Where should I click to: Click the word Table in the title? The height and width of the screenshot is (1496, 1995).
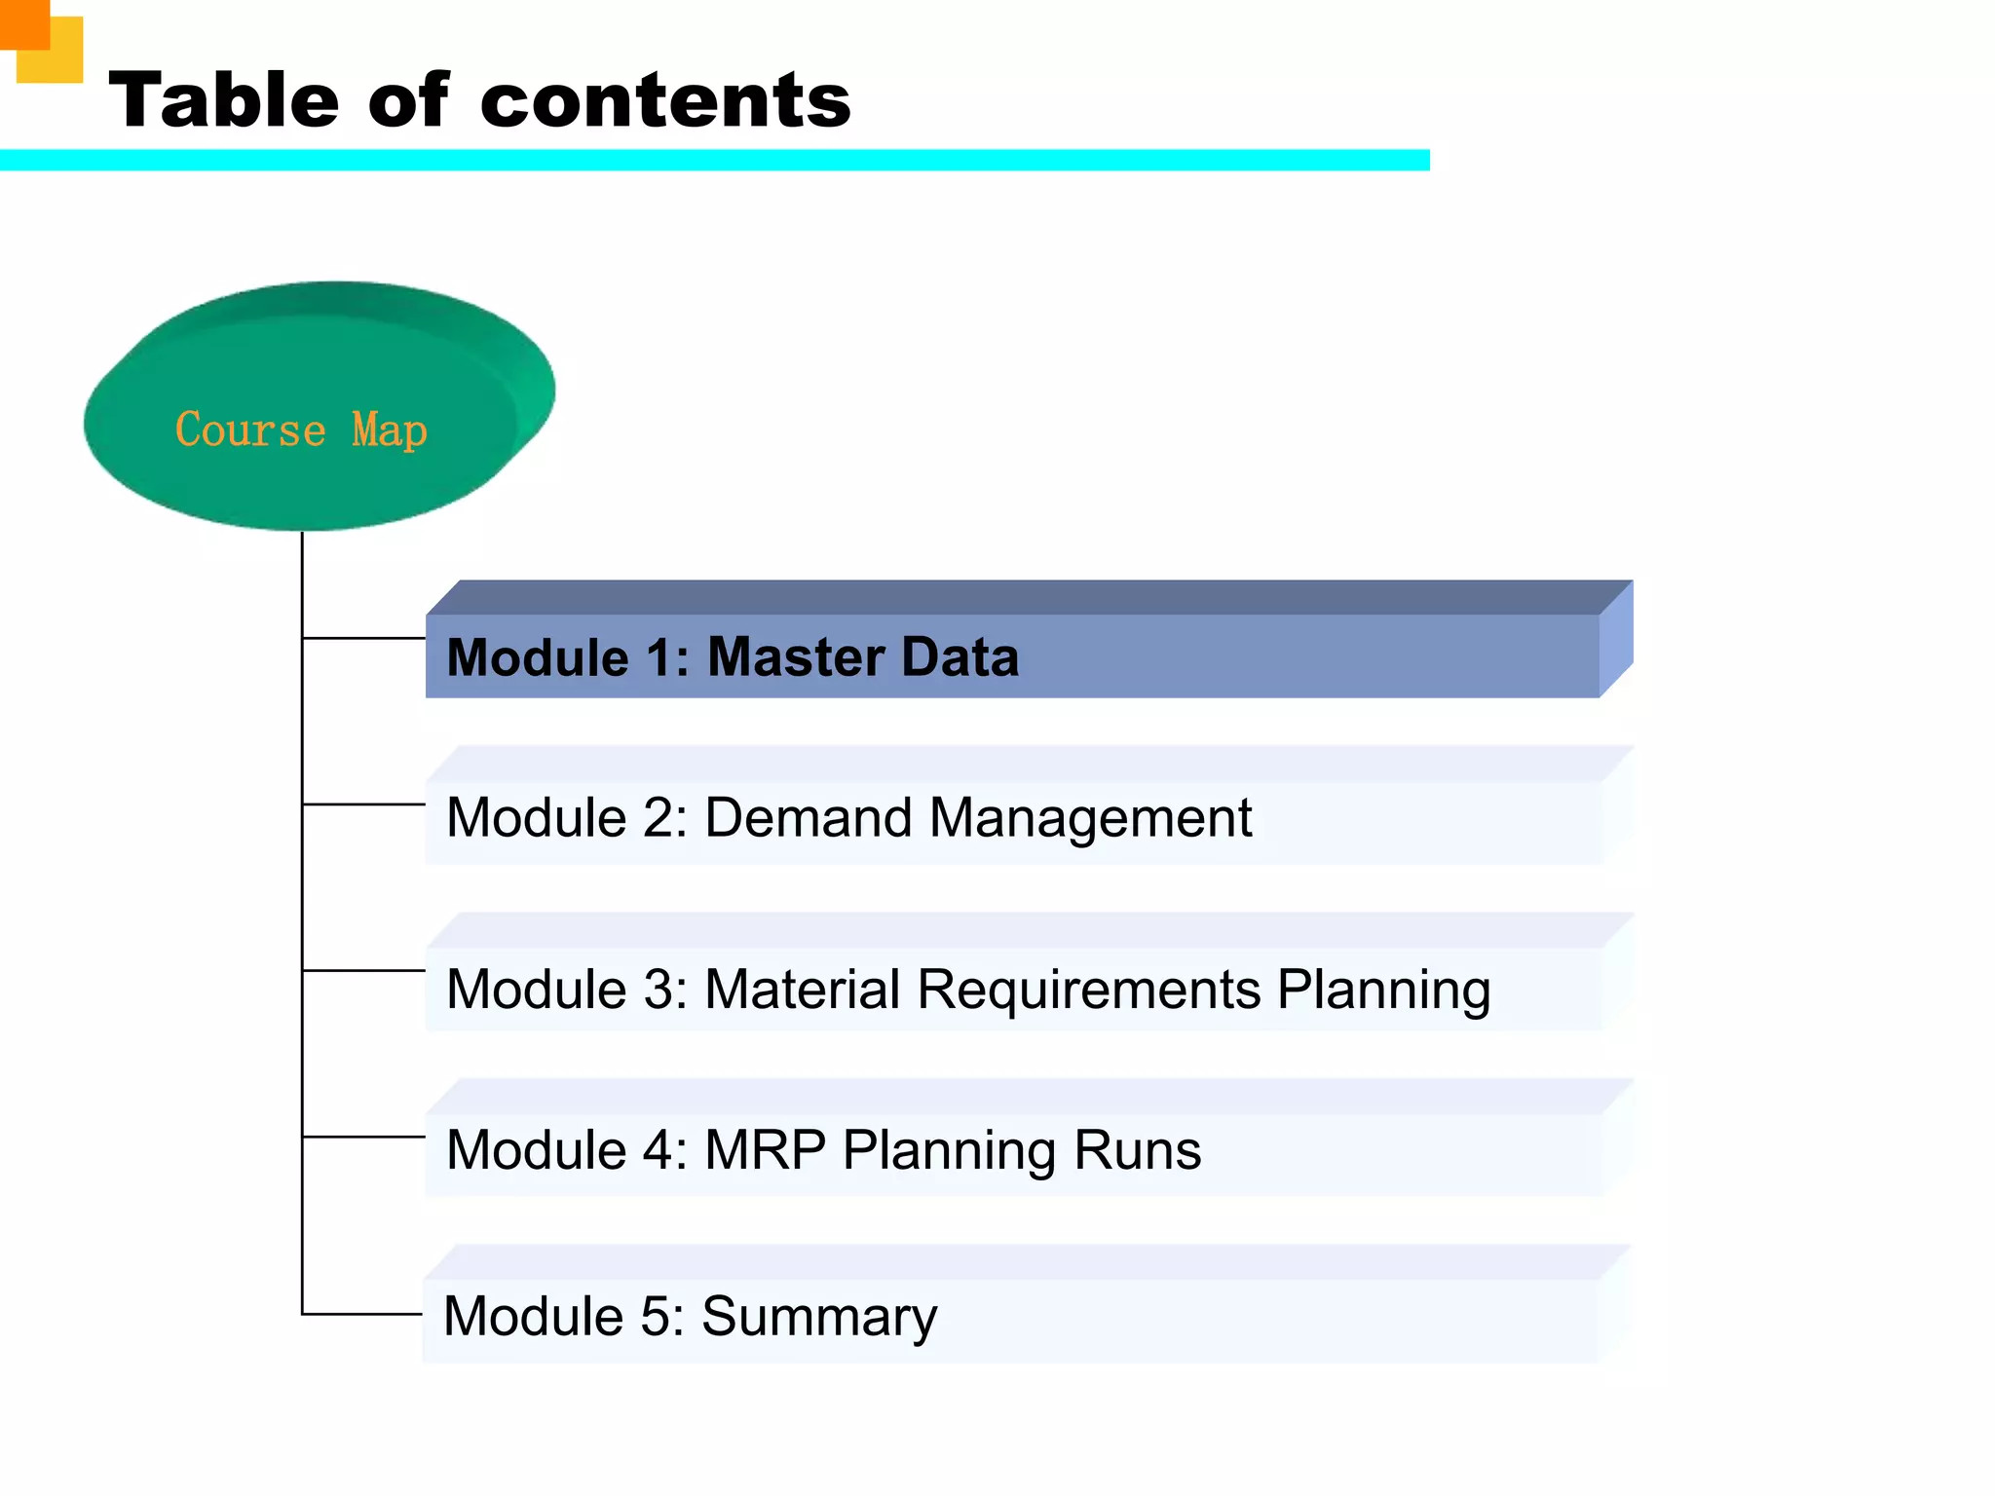[x=223, y=100]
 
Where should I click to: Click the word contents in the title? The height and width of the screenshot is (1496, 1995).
[x=665, y=100]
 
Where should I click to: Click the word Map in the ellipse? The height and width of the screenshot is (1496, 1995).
[x=389, y=430]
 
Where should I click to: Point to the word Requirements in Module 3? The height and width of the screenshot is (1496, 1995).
[x=1088, y=990]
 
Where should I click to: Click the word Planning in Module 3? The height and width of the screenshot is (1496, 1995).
[x=1383, y=990]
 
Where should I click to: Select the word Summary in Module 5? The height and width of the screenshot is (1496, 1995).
[x=818, y=1317]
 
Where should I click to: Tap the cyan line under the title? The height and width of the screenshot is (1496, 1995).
[x=714, y=160]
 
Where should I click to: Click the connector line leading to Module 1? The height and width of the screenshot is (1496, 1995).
[x=363, y=638]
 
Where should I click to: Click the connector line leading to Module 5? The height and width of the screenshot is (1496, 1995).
[x=361, y=1314]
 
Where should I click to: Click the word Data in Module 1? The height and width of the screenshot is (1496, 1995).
[x=960, y=656]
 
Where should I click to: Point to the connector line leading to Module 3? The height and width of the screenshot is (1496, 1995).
[x=363, y=970]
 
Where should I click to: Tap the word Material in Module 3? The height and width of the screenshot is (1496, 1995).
[x=802, y=990]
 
